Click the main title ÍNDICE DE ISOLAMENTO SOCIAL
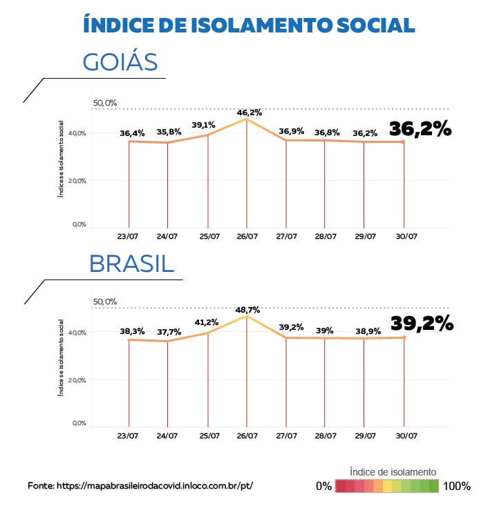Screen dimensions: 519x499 249,25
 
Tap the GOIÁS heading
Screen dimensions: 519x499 121,62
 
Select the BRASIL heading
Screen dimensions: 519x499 131,264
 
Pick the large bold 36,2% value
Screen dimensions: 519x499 420,129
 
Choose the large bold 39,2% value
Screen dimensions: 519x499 422,323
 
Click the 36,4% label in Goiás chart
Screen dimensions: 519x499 131,133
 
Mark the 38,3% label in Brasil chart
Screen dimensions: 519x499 131,331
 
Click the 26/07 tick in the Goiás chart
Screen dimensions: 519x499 247,236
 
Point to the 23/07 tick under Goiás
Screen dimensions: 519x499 129,236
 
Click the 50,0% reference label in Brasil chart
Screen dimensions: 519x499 105,302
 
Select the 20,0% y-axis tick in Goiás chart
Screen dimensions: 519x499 79,180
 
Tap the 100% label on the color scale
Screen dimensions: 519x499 457,486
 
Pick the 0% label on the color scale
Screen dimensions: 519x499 323,486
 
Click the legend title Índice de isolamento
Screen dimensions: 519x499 393,471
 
